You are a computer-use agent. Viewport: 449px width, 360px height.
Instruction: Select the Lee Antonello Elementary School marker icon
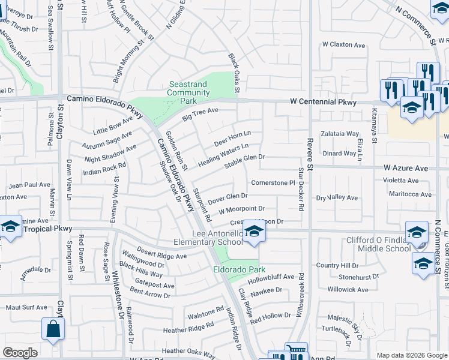(255, 232)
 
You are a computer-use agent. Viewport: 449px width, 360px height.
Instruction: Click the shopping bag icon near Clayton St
(53, 329)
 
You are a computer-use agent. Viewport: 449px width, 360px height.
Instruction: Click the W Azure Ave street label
(406, 168)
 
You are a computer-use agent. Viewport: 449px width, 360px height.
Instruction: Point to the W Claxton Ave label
(343, 45)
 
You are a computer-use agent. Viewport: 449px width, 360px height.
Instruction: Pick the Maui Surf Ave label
(26, 307)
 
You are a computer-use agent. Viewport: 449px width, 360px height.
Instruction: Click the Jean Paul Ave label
(29, 185)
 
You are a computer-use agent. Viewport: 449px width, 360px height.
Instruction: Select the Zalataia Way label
(339, 134)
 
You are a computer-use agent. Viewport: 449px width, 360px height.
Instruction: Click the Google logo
(20, 353)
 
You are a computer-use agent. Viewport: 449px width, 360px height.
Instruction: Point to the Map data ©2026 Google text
(411, 355)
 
